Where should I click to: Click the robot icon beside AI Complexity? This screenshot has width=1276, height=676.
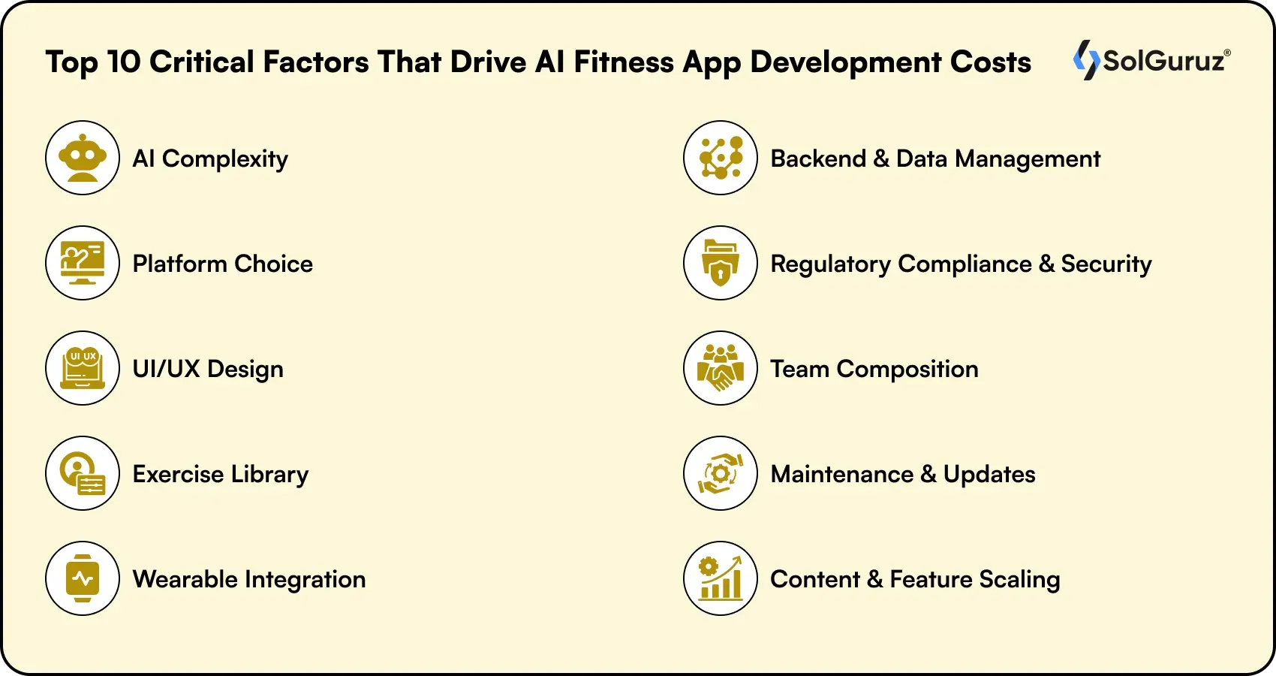83,158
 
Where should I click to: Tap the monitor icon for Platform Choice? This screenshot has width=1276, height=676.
83,263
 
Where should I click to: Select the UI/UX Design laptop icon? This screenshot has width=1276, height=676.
83,368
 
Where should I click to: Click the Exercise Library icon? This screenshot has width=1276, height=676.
83,473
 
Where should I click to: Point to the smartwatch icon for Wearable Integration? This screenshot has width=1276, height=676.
83,578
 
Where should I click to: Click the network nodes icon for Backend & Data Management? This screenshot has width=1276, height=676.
721,158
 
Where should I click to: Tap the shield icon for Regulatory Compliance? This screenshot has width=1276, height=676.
721,263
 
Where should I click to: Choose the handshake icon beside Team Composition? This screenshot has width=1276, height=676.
721,368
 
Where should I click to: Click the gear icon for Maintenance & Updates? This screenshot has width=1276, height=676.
721,473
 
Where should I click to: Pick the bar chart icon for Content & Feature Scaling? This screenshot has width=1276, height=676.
721,578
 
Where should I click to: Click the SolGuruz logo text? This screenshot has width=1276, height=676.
1164,61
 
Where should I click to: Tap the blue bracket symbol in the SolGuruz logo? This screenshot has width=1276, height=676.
1085,59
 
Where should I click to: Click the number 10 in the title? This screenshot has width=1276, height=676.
124,62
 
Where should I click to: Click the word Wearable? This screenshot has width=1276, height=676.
185,579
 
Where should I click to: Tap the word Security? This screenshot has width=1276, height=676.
1106,264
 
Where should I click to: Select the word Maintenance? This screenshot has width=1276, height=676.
841,474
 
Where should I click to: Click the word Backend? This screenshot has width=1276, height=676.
818,158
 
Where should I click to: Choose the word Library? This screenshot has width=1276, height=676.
269,474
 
